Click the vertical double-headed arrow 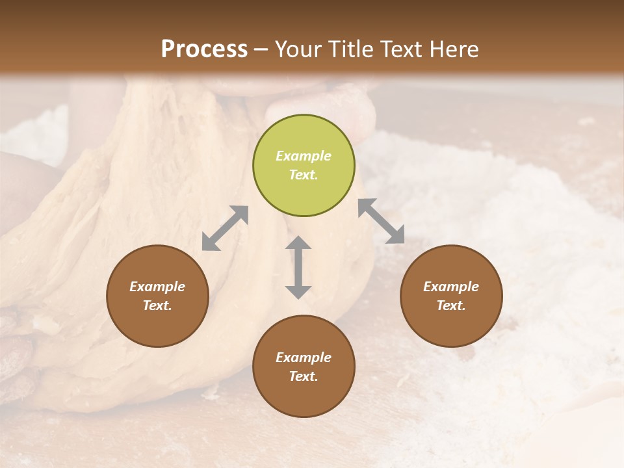tap(298, 267)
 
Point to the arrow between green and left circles tap(225, 228)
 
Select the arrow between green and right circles tap(381, 221)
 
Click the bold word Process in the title tap(204, 49)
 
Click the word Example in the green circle tap(304, 156)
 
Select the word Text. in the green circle tap(304, 175)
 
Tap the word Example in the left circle tap(157, 287)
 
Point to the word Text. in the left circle tap(157, 305)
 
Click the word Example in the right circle tap(451, 287)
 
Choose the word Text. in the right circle tap(451, 305)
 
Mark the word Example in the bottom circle tap(304, 357)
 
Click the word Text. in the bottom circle tap(304, 376)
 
